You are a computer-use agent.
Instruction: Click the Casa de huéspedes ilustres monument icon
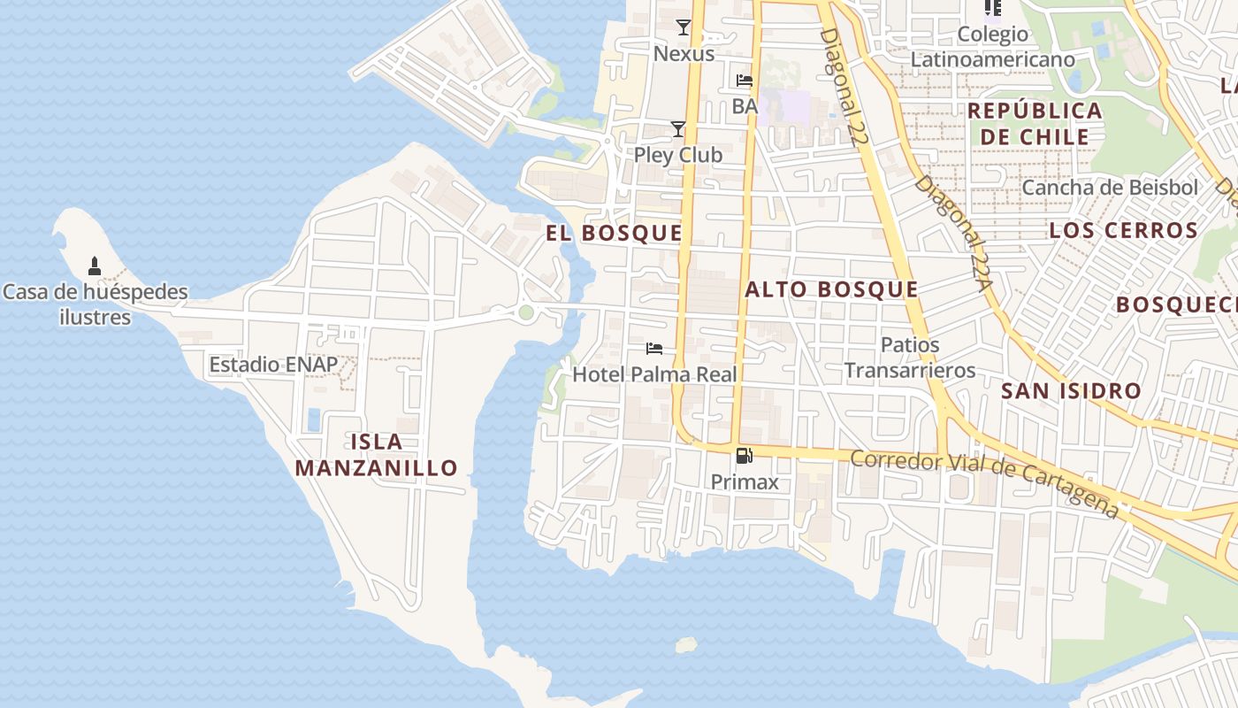pos(95,265)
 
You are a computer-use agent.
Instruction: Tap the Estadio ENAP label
pos(273,365)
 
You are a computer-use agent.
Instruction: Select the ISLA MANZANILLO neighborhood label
pos(376,455)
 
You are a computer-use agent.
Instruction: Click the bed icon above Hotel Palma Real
pos(654,349)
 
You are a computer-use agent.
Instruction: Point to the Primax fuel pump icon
pos(745,457)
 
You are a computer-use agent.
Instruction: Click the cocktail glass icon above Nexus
pos(684,27)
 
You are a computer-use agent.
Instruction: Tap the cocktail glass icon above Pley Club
pos(678,129)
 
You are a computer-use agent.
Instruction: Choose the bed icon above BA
pos(745,81)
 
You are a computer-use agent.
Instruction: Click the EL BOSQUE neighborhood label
pos(614,234)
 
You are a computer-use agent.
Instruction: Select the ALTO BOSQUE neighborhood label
pos(831,289)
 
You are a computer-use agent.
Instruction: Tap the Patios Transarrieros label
pos(910,358)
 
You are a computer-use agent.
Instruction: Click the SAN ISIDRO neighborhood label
pos(1071,390)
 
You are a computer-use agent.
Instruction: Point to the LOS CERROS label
pos(1123,231)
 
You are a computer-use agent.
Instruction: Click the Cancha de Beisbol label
pos(1110,188)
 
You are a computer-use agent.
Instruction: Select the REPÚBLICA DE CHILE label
pos(1035,124)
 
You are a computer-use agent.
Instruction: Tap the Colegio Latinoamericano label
pos(993,47)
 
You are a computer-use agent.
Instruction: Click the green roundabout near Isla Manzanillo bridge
pos(526,312)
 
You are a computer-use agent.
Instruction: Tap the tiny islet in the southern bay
pos(685,644)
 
